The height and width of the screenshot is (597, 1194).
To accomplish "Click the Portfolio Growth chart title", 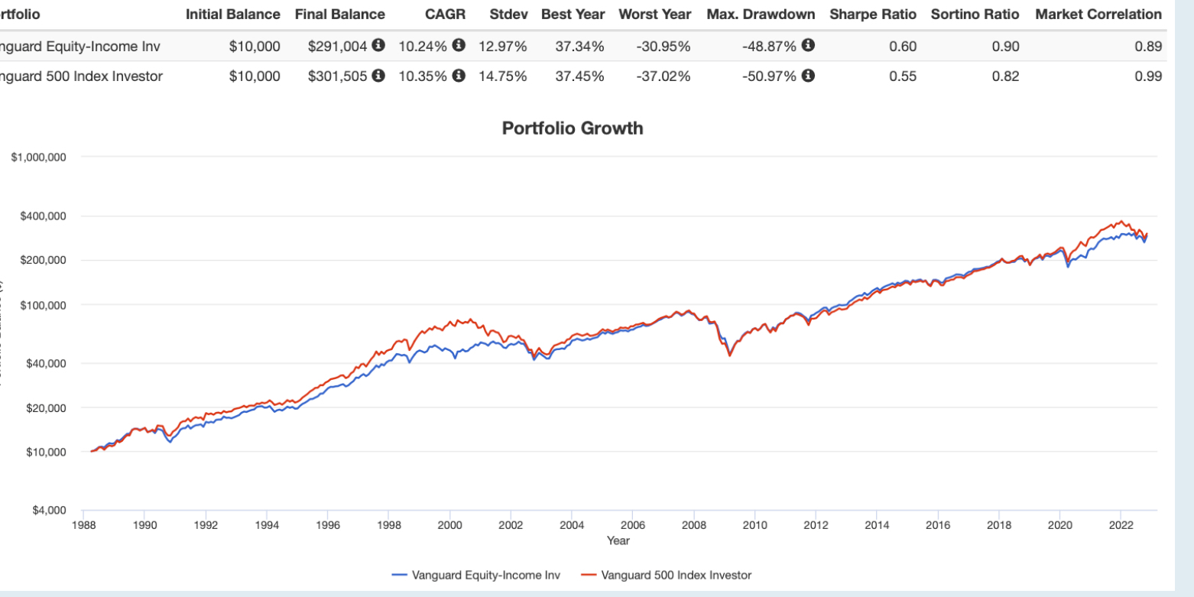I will click(x=572, y=128).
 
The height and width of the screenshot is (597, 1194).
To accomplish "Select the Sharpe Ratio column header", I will click(x=873, y=15).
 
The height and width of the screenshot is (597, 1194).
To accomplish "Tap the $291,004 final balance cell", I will click(x=337, y=47).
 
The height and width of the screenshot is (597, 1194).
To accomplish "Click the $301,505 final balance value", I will click(x=337, y=76).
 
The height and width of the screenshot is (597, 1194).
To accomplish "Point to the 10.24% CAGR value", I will click(x=423, y=47).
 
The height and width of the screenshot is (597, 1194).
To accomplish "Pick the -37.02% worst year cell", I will click(x=663, y=76).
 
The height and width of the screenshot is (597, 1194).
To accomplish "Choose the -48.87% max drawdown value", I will click(x=768, y=47).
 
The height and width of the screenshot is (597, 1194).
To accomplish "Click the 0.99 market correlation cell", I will click(x=1149, y=76).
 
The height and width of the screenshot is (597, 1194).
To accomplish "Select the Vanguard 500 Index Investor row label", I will click(x=80, y=76).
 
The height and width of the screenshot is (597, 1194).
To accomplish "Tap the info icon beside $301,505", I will click(x=378, y=76).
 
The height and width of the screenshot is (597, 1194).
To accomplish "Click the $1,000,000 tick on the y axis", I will click(x=39, y=157).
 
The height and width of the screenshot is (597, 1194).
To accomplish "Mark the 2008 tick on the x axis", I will click(x=693, y=525).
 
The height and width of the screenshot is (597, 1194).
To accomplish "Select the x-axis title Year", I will click(x=618, y=540).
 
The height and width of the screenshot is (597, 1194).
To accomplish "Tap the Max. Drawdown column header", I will click(x=761, y=15).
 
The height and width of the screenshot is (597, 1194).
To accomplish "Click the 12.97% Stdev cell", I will click(x=502, y=47).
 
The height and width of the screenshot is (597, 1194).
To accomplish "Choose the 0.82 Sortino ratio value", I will click(x=1005, y=76).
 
